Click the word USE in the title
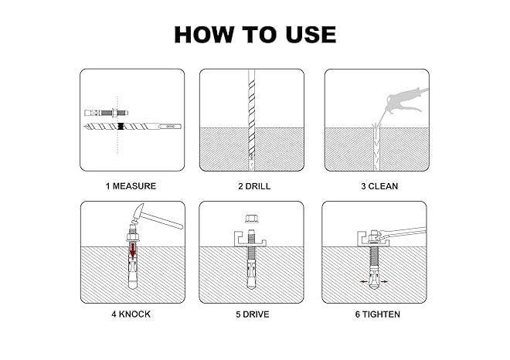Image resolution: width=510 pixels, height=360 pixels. click(311, 35)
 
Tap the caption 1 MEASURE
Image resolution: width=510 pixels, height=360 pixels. click(131, 186)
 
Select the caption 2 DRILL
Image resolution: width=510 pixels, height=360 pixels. click(254, 186)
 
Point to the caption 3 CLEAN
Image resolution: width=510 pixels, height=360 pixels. click(379, 186)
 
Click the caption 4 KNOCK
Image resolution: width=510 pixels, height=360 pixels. click(131, 314)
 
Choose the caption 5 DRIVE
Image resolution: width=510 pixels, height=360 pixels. click(253, 314)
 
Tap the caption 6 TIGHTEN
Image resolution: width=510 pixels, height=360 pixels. click(378, 314)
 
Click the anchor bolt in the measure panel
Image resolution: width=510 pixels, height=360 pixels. click(106, 113)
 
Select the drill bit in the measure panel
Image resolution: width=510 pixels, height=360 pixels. click(132, 126)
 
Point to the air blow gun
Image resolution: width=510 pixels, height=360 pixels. click(406, 100)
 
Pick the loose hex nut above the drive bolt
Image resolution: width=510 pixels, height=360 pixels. click(251, 218)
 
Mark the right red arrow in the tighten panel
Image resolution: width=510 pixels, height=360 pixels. click(384, 282)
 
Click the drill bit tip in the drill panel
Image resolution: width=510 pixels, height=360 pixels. click(251, 158)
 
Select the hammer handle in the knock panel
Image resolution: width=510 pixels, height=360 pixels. click(162, 220)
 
